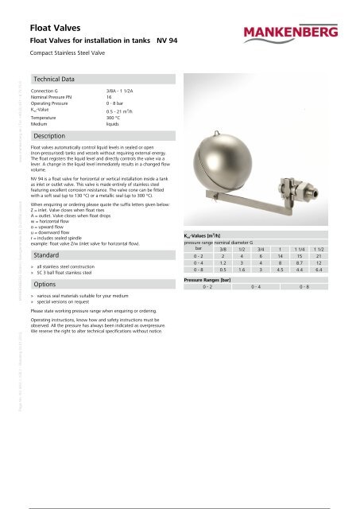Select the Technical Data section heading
53,80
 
